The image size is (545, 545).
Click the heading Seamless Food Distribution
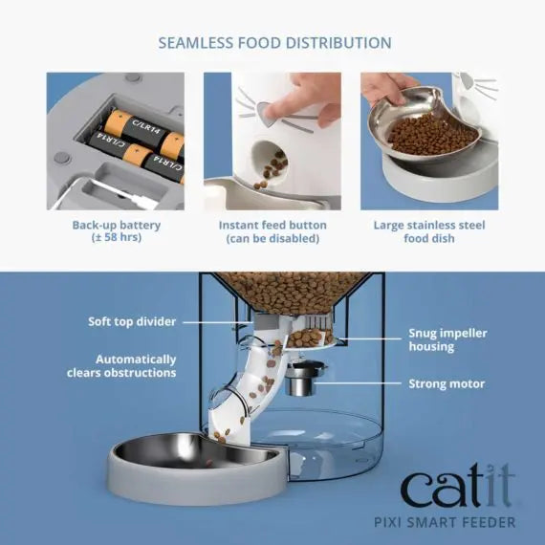(x=273, y=43)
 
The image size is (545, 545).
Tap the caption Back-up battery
(x=116, y=226)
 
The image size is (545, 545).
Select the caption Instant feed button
(x=272, y=226)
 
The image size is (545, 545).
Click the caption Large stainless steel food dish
(x=428, y=232)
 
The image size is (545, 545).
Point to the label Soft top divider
(x=130, y=321)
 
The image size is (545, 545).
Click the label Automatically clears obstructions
(x=121, y=366)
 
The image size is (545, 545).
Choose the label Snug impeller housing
(x=447, y=339)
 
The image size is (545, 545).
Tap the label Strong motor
(x=447, y=383)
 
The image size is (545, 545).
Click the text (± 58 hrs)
(x=116, y=239)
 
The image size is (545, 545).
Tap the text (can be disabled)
(x=272, y=239)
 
